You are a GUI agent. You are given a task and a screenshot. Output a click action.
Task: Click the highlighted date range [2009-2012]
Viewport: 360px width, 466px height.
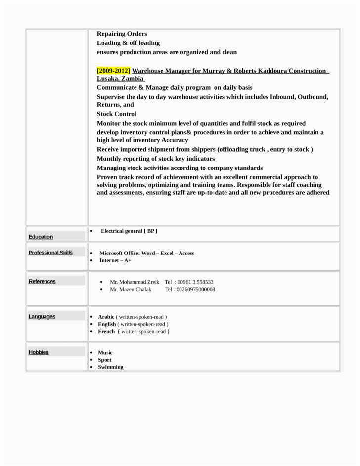coord(113,71)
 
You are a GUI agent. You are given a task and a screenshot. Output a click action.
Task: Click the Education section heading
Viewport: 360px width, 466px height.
coord(41,237)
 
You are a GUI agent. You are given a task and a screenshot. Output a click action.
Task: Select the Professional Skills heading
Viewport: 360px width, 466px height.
coord(50,253)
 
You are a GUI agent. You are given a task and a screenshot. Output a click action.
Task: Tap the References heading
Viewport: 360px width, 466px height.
coord(42,281)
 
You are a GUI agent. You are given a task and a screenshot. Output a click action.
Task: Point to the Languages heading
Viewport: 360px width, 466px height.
coord(42,316)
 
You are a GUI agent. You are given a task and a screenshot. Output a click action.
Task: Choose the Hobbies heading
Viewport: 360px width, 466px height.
coord(39,352)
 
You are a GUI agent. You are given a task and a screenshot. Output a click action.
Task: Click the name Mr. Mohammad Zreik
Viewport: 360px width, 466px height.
coord(135,282)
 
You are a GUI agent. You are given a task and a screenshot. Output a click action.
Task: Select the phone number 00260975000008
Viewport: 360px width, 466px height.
coord(195,289)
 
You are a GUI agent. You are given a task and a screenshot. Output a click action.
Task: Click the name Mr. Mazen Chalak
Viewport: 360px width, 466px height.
coord(131,289)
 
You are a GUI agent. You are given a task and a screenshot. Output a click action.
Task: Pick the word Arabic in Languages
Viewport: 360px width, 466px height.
coord(106,317)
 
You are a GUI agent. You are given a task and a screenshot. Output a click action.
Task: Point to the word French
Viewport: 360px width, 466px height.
coord(106,331)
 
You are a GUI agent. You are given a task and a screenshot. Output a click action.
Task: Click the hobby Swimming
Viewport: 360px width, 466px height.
coord(111,367)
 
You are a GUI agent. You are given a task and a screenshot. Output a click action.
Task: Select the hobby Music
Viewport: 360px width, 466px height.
coord(105,353)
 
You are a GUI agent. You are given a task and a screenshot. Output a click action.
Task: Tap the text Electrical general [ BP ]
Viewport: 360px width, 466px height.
coord(129,231)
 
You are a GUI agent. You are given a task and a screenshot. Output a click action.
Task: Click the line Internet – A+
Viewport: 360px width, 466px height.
coord(115,260)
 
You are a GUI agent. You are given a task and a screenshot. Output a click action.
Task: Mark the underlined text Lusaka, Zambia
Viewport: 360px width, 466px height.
coord(120,78)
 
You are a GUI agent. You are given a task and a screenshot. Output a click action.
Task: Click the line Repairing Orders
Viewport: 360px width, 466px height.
coord(122,34)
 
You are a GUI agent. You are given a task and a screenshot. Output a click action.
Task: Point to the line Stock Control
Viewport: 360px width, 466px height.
coord(116,114)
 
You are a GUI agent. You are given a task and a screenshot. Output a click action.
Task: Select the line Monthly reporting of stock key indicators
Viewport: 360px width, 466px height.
coord(156,159)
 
